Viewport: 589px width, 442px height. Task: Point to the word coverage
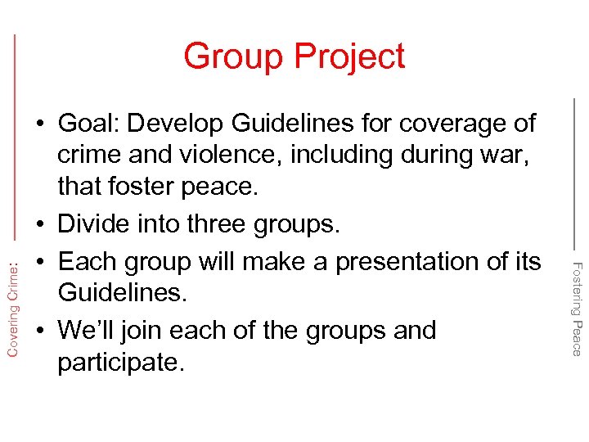pos(447,124)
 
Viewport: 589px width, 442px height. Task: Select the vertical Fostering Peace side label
pos(576,307)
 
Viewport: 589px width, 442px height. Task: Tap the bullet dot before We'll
pos(39,331)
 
